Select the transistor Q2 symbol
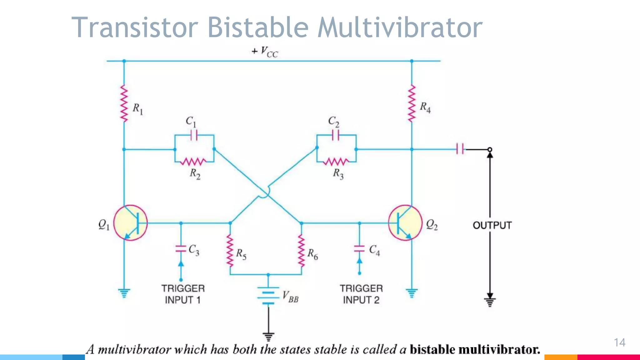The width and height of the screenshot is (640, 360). pos(405,223)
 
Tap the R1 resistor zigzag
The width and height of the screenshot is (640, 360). pos(124,104)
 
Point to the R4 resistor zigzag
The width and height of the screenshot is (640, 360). pos(412,104)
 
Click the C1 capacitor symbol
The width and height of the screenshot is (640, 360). pos(194,135)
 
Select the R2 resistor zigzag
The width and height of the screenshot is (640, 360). pos(194,162)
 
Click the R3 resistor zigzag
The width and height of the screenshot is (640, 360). pos(336,162)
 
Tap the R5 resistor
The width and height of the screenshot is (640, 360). pos(230,251)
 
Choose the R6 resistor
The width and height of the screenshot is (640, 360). pos(301,251)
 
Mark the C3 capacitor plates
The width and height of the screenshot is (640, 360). pos(181,249)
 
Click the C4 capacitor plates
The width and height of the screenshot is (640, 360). pos(359,249)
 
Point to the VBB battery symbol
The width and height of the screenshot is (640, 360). pos(268,295)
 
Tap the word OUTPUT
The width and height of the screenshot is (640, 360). pos(492,225)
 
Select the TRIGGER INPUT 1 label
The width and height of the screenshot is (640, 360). pos(183,294)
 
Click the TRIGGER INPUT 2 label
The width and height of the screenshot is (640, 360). pos(361,294)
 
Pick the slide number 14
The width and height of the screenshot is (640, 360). pos(619,342)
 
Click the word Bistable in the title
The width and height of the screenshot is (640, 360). pos(258,27)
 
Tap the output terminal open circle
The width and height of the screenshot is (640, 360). pos(490,150)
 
